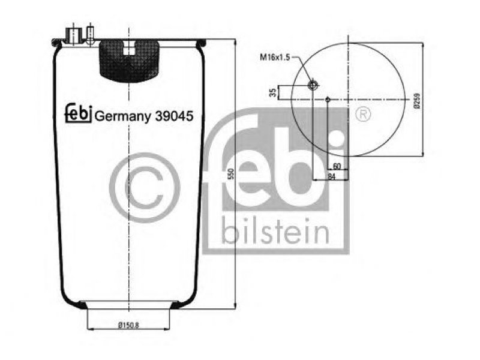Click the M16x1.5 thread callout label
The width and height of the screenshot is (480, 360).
pos(275,57)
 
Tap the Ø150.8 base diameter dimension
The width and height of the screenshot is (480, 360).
pos(128,325)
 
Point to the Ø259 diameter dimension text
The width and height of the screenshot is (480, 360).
pos(417,100)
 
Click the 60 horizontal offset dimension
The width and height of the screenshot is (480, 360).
pos(337,166)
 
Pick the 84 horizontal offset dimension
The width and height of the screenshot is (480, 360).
pos(332,176)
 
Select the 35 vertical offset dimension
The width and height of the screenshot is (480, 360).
pos(273,92)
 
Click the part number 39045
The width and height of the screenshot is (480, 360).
pos(174,116)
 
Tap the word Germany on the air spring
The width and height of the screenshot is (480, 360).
pos(123,117)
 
